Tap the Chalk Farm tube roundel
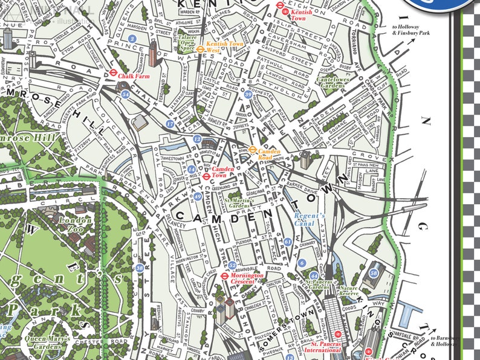pyautogui.click(x=112, y=76)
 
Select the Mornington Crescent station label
pyautogui.click(x=247, y=279)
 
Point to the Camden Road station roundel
pyautogui.click(x=253, y=150)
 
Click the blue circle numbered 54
pyautogui.click(x=125, y=95)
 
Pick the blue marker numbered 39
pyautogui.click(x=248, y=94)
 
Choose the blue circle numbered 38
pyautogui.click(x=140, y=268)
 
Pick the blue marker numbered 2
pyautogui.click(x=132, y=39)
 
